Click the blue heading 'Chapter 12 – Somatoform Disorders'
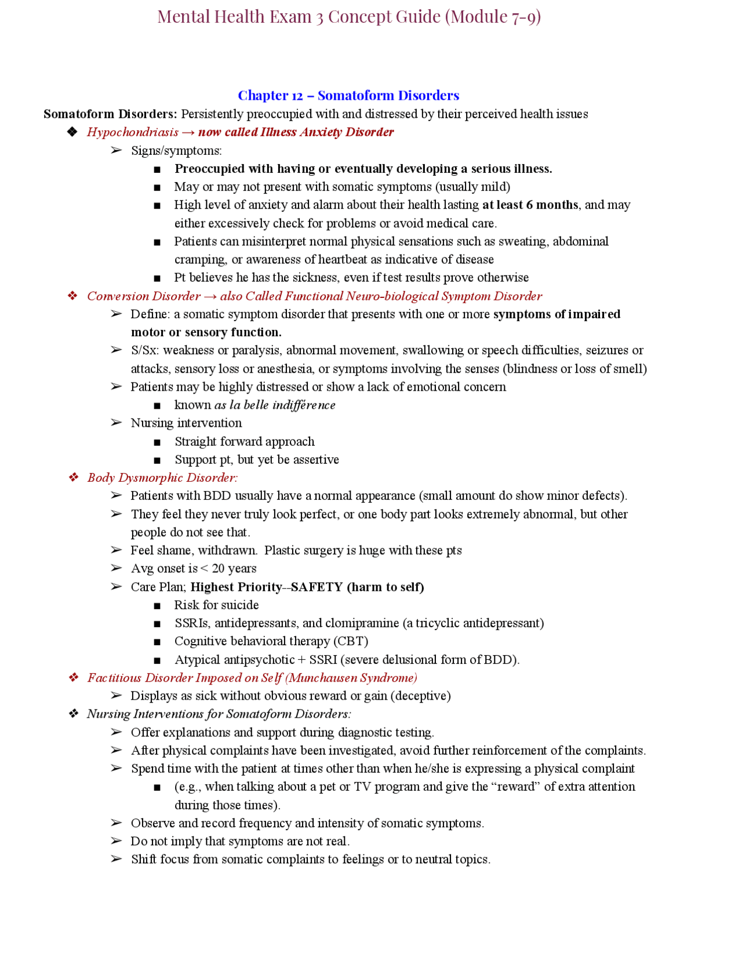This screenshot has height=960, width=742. pyautogui.click(x=348, y=95)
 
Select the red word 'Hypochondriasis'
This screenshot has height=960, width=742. pyautogui.click(x=133, y=132)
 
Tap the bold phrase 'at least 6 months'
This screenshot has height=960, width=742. pyautogui.click(x=530, y=205)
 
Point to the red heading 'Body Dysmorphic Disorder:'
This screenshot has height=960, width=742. pyautogui.click(x=162, y=478)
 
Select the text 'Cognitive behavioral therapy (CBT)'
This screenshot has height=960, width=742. pyautogui.click(x=271, y=641)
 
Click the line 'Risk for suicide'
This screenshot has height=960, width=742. pyautogui.click(x=216, y=605)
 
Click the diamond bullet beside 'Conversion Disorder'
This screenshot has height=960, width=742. pyautogui.click(x=72, y=296)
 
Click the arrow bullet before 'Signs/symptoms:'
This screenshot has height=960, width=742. pyautogui.click(x=116, y=151)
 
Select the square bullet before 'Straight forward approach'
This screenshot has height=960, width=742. pyautogui.click(x=157, y=442)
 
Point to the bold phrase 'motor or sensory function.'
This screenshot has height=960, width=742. pyautogui.click(x=206, y=332)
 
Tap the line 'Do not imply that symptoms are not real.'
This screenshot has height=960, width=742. pyautogui.click(x=240, y=841)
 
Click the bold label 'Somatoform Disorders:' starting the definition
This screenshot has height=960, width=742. pyautogui.click(x=110, y=114)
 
